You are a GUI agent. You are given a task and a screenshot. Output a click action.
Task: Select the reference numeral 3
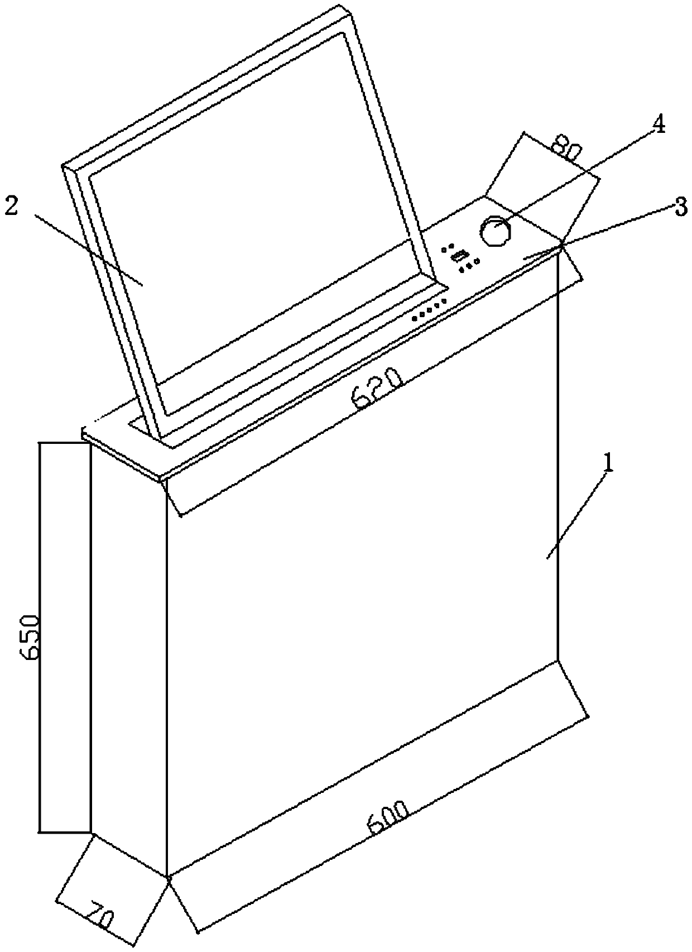point(680,209)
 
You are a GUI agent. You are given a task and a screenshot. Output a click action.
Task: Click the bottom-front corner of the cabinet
point(167,876)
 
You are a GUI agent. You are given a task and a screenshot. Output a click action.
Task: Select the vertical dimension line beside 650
point(40,637)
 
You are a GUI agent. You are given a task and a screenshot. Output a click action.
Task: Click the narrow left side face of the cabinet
point(128,659)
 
